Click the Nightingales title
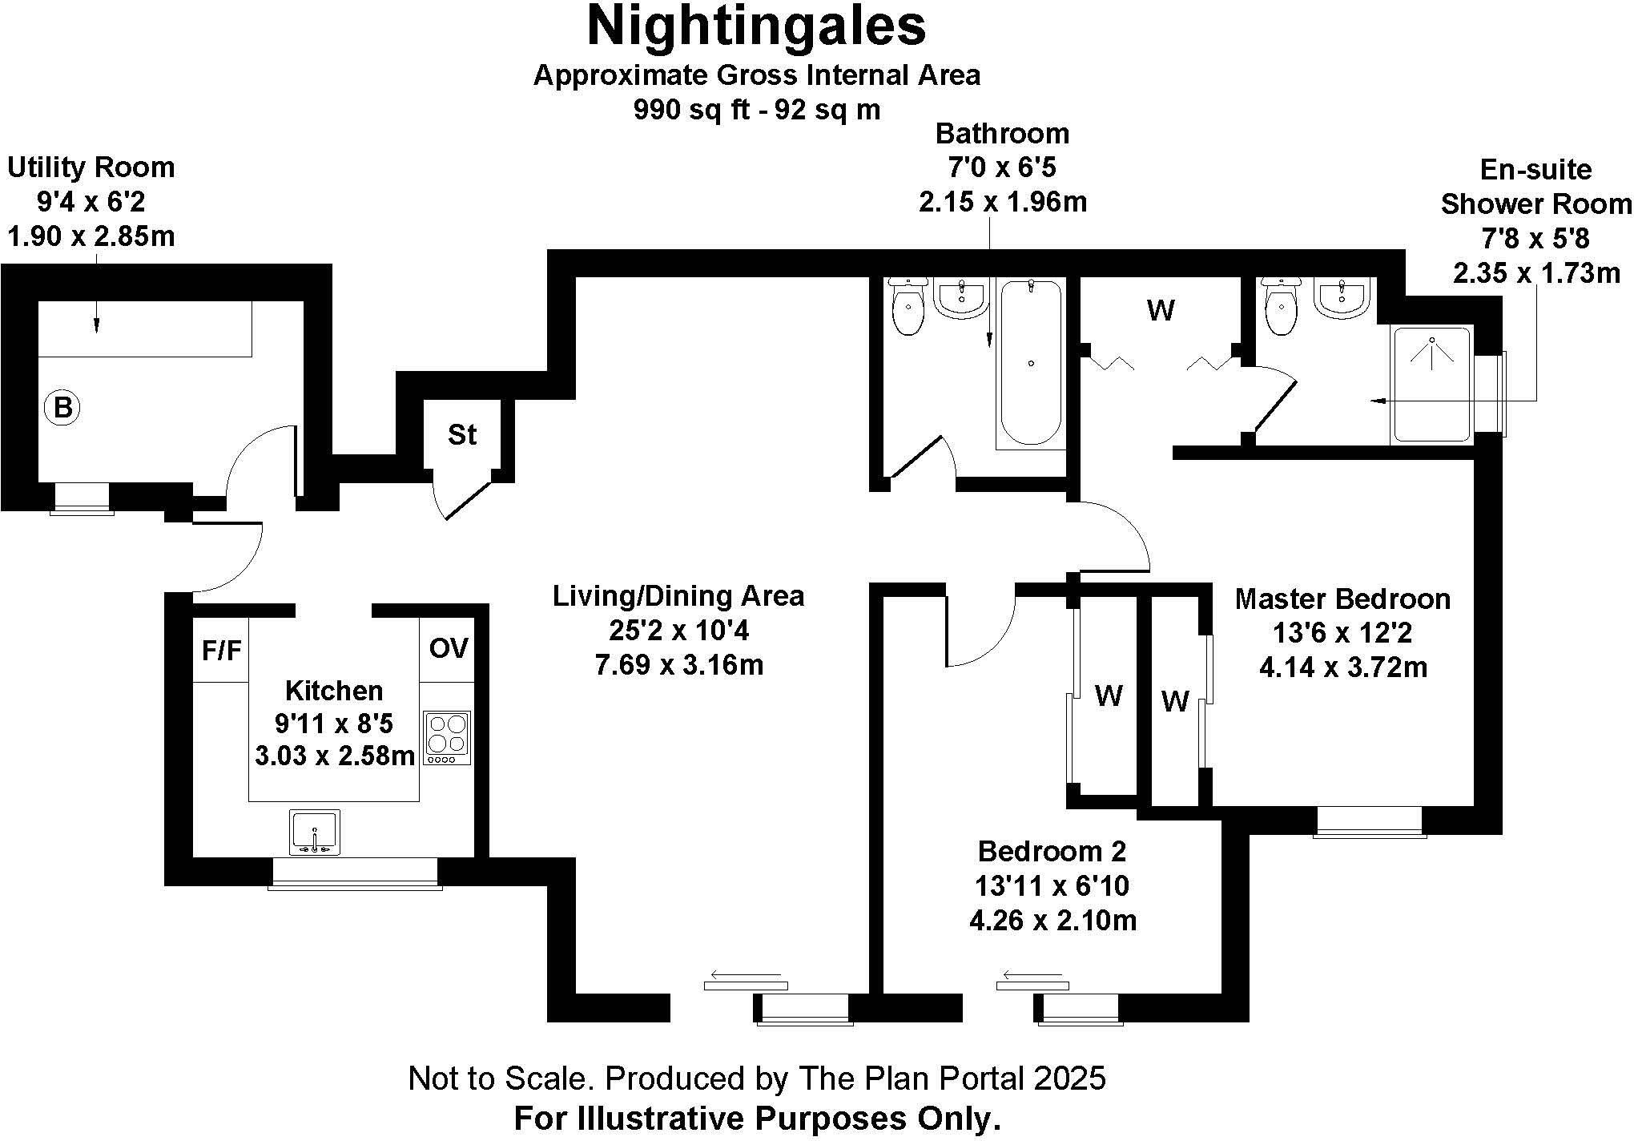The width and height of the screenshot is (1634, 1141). [756, 26]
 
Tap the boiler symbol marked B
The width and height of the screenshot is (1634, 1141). [62, 409]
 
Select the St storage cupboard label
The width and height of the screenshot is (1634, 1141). [462, 435]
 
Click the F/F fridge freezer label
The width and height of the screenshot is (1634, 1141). [221, 651]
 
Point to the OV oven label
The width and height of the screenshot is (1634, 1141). [448, 648]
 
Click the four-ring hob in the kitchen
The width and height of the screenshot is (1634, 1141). [447, 737]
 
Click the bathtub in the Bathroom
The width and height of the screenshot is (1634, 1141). [1031, 362]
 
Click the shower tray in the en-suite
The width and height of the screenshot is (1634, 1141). [1432, 385]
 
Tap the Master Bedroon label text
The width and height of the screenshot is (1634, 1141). [1342, 599]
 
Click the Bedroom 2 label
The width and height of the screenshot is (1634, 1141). [1052, 850]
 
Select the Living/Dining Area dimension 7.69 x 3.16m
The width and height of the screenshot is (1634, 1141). [678, 665]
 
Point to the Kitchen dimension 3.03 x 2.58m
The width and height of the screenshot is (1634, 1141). [335, 756]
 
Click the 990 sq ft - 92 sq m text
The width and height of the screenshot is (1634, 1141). [756, 110]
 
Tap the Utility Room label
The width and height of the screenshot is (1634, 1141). [91, 167]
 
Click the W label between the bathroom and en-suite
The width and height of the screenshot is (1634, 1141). [1161, 310]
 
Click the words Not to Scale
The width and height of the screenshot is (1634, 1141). [498, 1079]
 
